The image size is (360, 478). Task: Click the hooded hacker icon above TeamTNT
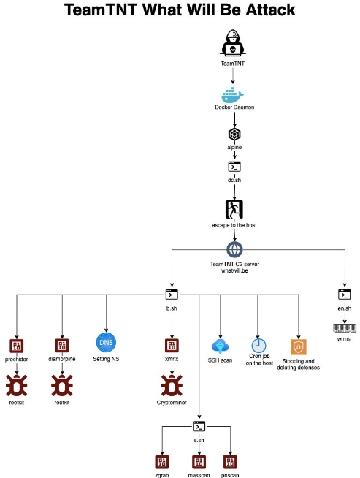[x=233, y=42]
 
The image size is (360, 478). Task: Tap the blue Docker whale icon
[x=233, y=95]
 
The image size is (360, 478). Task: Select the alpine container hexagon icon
[x=234, y=134]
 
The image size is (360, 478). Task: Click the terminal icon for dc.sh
[x=234, y=167]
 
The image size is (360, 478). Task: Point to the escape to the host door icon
[x=234, y=210]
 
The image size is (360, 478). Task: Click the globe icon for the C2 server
[x=234, y=250]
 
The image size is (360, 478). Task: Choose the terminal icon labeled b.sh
[x=172, y=295]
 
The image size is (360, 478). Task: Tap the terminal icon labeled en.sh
[x=345, y=295]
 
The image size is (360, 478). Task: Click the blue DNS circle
[x=106, y=342]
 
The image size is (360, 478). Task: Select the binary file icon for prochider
[x=17, y=346]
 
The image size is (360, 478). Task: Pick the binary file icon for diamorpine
[x=62, y=346]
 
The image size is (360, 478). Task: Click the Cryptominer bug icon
[x=172, y=385]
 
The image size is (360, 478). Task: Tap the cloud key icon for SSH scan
[x=220, y=346]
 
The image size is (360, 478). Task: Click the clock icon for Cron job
[x=259, y=346]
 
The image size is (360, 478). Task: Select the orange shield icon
[x=299, y=347]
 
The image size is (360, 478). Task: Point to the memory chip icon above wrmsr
[x=345, y=328]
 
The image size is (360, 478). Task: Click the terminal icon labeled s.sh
[x=199, y=427]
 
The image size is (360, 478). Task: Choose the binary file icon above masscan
[x=199, y=462]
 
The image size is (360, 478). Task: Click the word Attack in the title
[x=270, y=10]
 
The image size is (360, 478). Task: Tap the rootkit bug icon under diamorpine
[x=62, y=385]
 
